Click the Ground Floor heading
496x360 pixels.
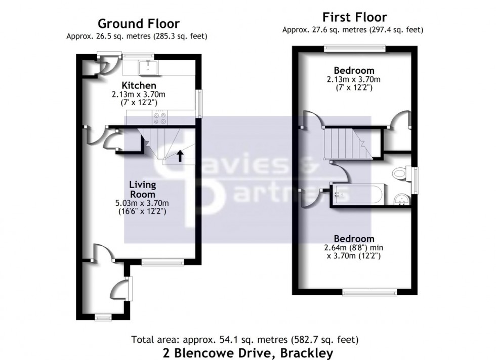138,23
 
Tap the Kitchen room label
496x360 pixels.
139,85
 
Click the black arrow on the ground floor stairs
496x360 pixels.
180,155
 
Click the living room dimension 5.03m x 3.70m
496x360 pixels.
142,204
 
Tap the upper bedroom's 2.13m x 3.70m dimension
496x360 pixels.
354,79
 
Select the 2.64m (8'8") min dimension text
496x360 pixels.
354,248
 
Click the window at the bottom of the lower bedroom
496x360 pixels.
369,292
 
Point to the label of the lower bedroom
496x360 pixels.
354,239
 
